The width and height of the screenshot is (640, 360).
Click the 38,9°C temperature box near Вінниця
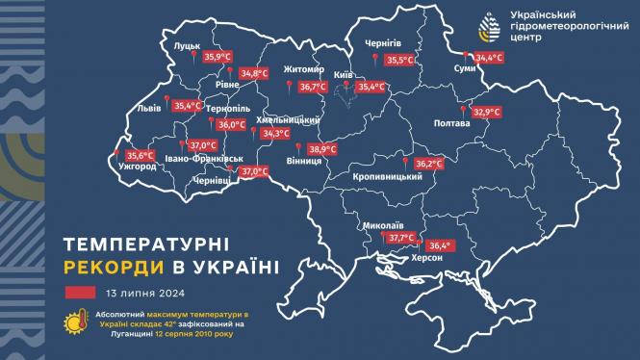click(322, 149)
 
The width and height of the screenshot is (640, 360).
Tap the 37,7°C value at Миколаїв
click(401, 238)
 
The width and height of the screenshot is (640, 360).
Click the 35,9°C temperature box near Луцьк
click(218, 58)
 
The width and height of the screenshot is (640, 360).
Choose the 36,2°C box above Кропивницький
click(428, 165)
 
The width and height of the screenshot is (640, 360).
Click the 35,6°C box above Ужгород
click(141, 155)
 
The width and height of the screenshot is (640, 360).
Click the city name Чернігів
click(389, 44)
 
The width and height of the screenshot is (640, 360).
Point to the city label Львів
click(150, 109)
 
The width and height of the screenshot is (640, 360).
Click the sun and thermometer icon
click(74, 324)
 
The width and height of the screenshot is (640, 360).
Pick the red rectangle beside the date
click(81, 293)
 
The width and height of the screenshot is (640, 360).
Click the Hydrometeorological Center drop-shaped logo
click(489, 26)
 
